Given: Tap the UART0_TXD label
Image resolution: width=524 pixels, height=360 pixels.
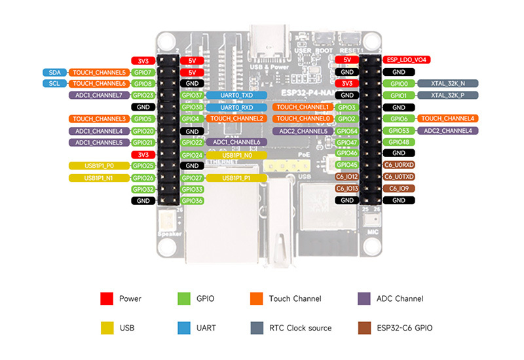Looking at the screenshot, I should [236, 96].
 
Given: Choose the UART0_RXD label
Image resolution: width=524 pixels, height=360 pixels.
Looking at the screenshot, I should [236, 107].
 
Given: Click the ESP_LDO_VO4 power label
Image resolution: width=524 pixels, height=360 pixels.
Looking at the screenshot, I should [407, 60].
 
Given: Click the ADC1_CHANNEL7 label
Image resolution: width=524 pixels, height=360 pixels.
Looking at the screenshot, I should [98, 96].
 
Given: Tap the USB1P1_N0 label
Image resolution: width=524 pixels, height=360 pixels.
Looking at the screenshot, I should [236, 155].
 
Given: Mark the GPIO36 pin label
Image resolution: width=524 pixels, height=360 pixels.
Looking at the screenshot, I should [192, 201].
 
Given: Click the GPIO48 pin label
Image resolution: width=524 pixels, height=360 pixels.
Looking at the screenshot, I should [398, 142].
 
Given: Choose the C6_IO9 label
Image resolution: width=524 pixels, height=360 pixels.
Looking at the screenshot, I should [398, 189].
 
